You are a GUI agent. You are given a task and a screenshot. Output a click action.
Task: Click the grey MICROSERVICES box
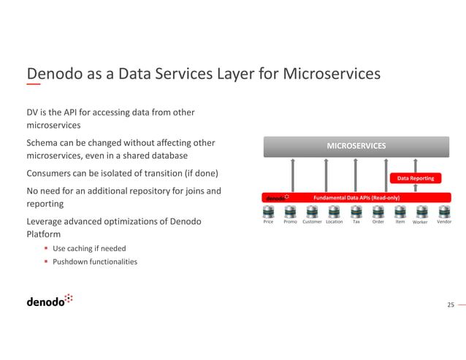(x=356, y=146)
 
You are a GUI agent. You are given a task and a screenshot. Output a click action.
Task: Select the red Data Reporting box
(x=415, y=178)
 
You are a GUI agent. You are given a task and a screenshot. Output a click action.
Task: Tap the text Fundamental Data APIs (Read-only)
(x=356, y=198)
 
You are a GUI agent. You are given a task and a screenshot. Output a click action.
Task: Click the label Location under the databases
(x=334, y=222)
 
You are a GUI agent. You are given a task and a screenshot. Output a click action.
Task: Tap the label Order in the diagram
(x=378, y=222)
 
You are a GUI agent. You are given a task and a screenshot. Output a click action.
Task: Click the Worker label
(x=420, y=222)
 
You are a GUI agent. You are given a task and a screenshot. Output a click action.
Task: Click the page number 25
(x=450, y=305)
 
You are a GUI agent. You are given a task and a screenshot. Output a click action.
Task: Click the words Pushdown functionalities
(x=95, y=261)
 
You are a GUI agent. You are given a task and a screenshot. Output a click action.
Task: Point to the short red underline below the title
(x=34, y=85)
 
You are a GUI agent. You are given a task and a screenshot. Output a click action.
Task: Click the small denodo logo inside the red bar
(x=277, y=198)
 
